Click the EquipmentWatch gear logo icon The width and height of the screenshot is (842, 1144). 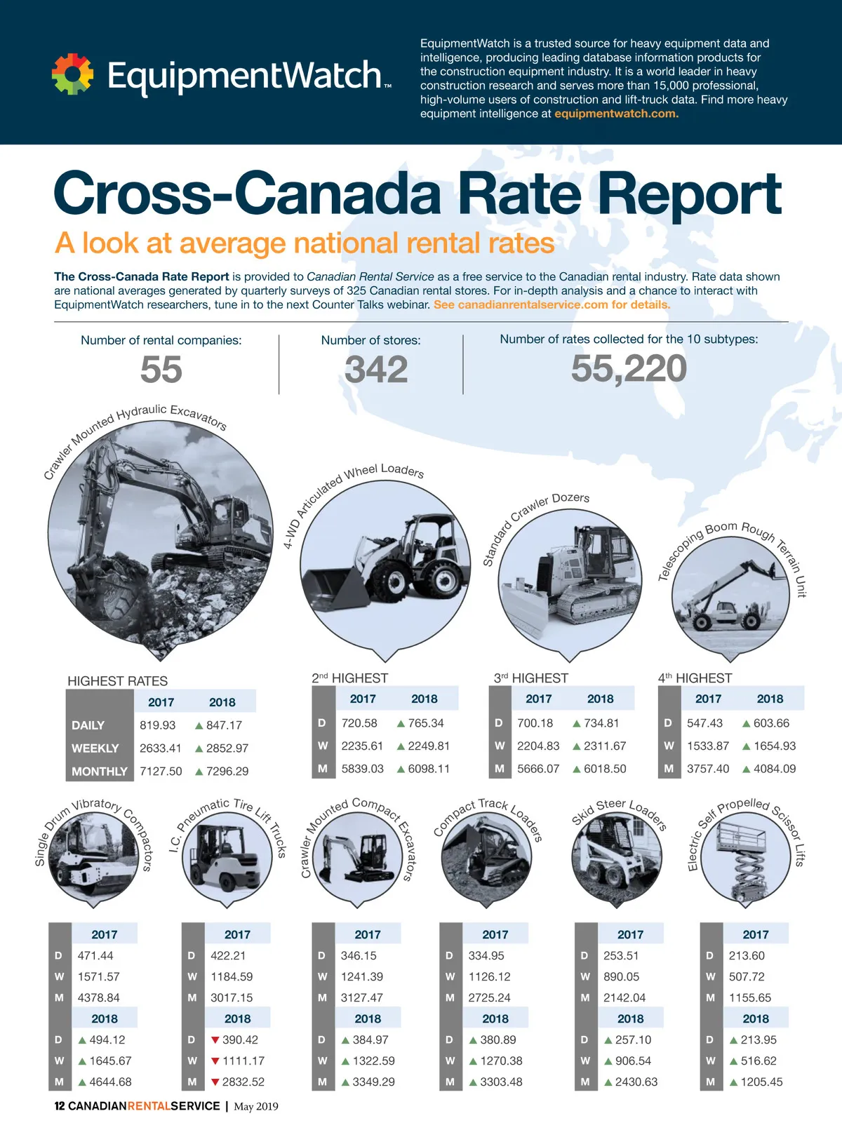click(x=72, y=74)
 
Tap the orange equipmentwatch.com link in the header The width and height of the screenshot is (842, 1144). click(x=616, y=114)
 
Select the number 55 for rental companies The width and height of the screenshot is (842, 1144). click(x=161, y=370)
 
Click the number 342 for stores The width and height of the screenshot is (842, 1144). click(x=376, y=370)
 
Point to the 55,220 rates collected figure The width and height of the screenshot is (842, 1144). click(x=629, y=369)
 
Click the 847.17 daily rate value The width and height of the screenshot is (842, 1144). click(x=224, y=725)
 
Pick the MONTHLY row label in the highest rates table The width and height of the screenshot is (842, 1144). click(x=100, y=772)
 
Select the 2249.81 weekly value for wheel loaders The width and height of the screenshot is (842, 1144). click(x=429, y=746)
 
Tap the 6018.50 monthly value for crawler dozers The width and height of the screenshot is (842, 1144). click(x=605, y=769)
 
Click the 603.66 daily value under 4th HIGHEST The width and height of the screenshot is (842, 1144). click(x=771, y=723)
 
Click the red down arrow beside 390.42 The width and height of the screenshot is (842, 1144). click(x=215, y=1040)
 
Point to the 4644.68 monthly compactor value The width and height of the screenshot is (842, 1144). click(x=110, y=1082)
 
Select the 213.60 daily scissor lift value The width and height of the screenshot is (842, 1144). click(x=747, y=956)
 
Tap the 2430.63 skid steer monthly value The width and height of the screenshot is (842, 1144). click(x=636, y=1082)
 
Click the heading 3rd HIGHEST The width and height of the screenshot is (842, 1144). click(x=531, y=678)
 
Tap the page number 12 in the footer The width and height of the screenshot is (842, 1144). click(x=60, y=1106)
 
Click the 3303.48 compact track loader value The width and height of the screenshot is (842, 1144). click(x=501, y=1082)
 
